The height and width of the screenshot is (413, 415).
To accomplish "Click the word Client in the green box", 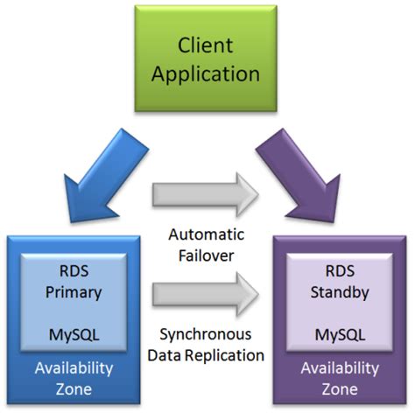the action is tap(206, 45).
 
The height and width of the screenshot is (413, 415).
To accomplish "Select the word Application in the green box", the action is tap(206, 74).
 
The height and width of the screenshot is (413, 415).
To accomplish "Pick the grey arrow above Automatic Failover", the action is tap(206, 194).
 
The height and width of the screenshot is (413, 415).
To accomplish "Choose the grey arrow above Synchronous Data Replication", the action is tap(206, 294).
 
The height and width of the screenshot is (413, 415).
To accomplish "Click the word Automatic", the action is tap(207, 234).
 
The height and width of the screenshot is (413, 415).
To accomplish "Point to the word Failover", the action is tap(206, 255).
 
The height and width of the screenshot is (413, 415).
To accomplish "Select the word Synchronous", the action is tap(206, 334).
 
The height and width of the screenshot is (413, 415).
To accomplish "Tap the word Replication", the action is tap(225, 356).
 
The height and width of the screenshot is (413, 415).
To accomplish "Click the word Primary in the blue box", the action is tap(74, 293).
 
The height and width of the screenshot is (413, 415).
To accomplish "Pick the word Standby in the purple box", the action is tap(340, 292).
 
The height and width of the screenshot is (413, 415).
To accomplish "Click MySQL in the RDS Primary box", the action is tap(74, 335).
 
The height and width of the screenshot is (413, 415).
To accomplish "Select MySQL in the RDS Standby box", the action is tap(340, 335).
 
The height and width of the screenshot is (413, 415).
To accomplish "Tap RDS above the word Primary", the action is tap(74, 271).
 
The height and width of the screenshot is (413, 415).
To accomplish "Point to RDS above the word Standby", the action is tap(340, 271).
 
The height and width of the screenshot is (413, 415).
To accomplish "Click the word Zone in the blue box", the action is tap(74, 389).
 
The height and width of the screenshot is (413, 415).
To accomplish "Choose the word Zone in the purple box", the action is tap(340, 389).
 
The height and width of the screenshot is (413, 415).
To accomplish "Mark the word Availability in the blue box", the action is tap(74, 368).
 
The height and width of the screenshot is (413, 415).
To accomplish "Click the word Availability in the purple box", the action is tap(340, 368).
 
